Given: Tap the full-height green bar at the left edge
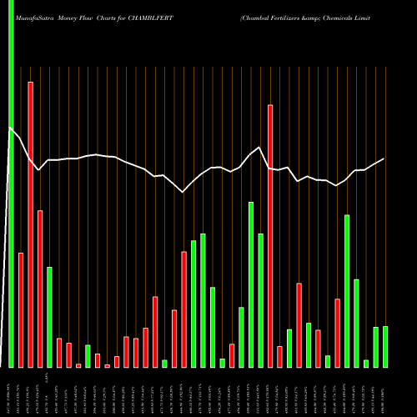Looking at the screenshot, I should tap(11, 183).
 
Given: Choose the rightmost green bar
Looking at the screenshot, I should tap(384, 346).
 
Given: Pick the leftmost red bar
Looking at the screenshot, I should tap(21, 309).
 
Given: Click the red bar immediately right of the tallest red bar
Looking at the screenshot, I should tap(40, 289).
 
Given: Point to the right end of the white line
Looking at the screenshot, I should tap(384, 158).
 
